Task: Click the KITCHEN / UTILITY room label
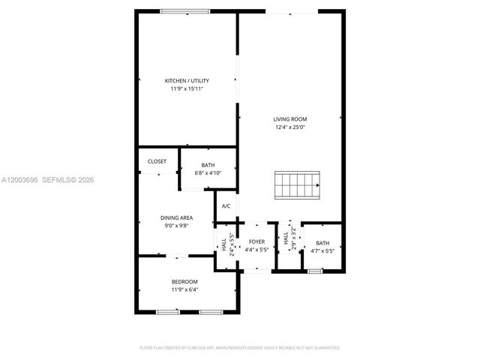pos(187,81)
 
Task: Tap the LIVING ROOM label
pos(289,119)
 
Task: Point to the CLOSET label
pos(157,161)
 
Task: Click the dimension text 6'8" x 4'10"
pos(208,172)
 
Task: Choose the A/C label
pos(226,206)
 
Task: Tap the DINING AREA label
pos(176,217)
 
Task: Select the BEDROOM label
pos(184,281)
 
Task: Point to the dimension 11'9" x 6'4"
pos(184,289)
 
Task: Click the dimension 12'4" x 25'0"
pos(289,127)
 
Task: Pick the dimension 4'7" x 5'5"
pos(322,250)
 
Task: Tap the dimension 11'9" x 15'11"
pos(187,89)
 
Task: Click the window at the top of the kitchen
pos(185,11)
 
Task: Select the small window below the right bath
pos(316,270)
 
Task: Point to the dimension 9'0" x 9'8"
pos(176,225)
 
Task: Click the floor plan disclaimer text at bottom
pos(240,348)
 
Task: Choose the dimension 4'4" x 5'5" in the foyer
pos(257,250)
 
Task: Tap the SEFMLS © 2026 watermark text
pos(67,180)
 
